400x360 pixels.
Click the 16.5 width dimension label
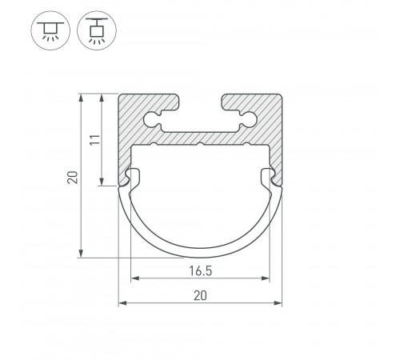coord(201,270)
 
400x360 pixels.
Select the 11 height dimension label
coord(94,140)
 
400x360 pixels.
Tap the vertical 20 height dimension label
coord(73,177)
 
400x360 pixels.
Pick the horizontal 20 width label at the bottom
coord(200,296)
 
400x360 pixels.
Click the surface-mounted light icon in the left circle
coord(50,30)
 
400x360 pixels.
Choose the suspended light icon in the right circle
coord(97,30)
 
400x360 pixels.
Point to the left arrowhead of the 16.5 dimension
coord(135,278)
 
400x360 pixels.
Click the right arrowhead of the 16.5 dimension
coord(266,278)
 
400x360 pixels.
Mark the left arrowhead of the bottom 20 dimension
coord(122,303)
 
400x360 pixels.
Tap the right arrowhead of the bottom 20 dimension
coord(278,303)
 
